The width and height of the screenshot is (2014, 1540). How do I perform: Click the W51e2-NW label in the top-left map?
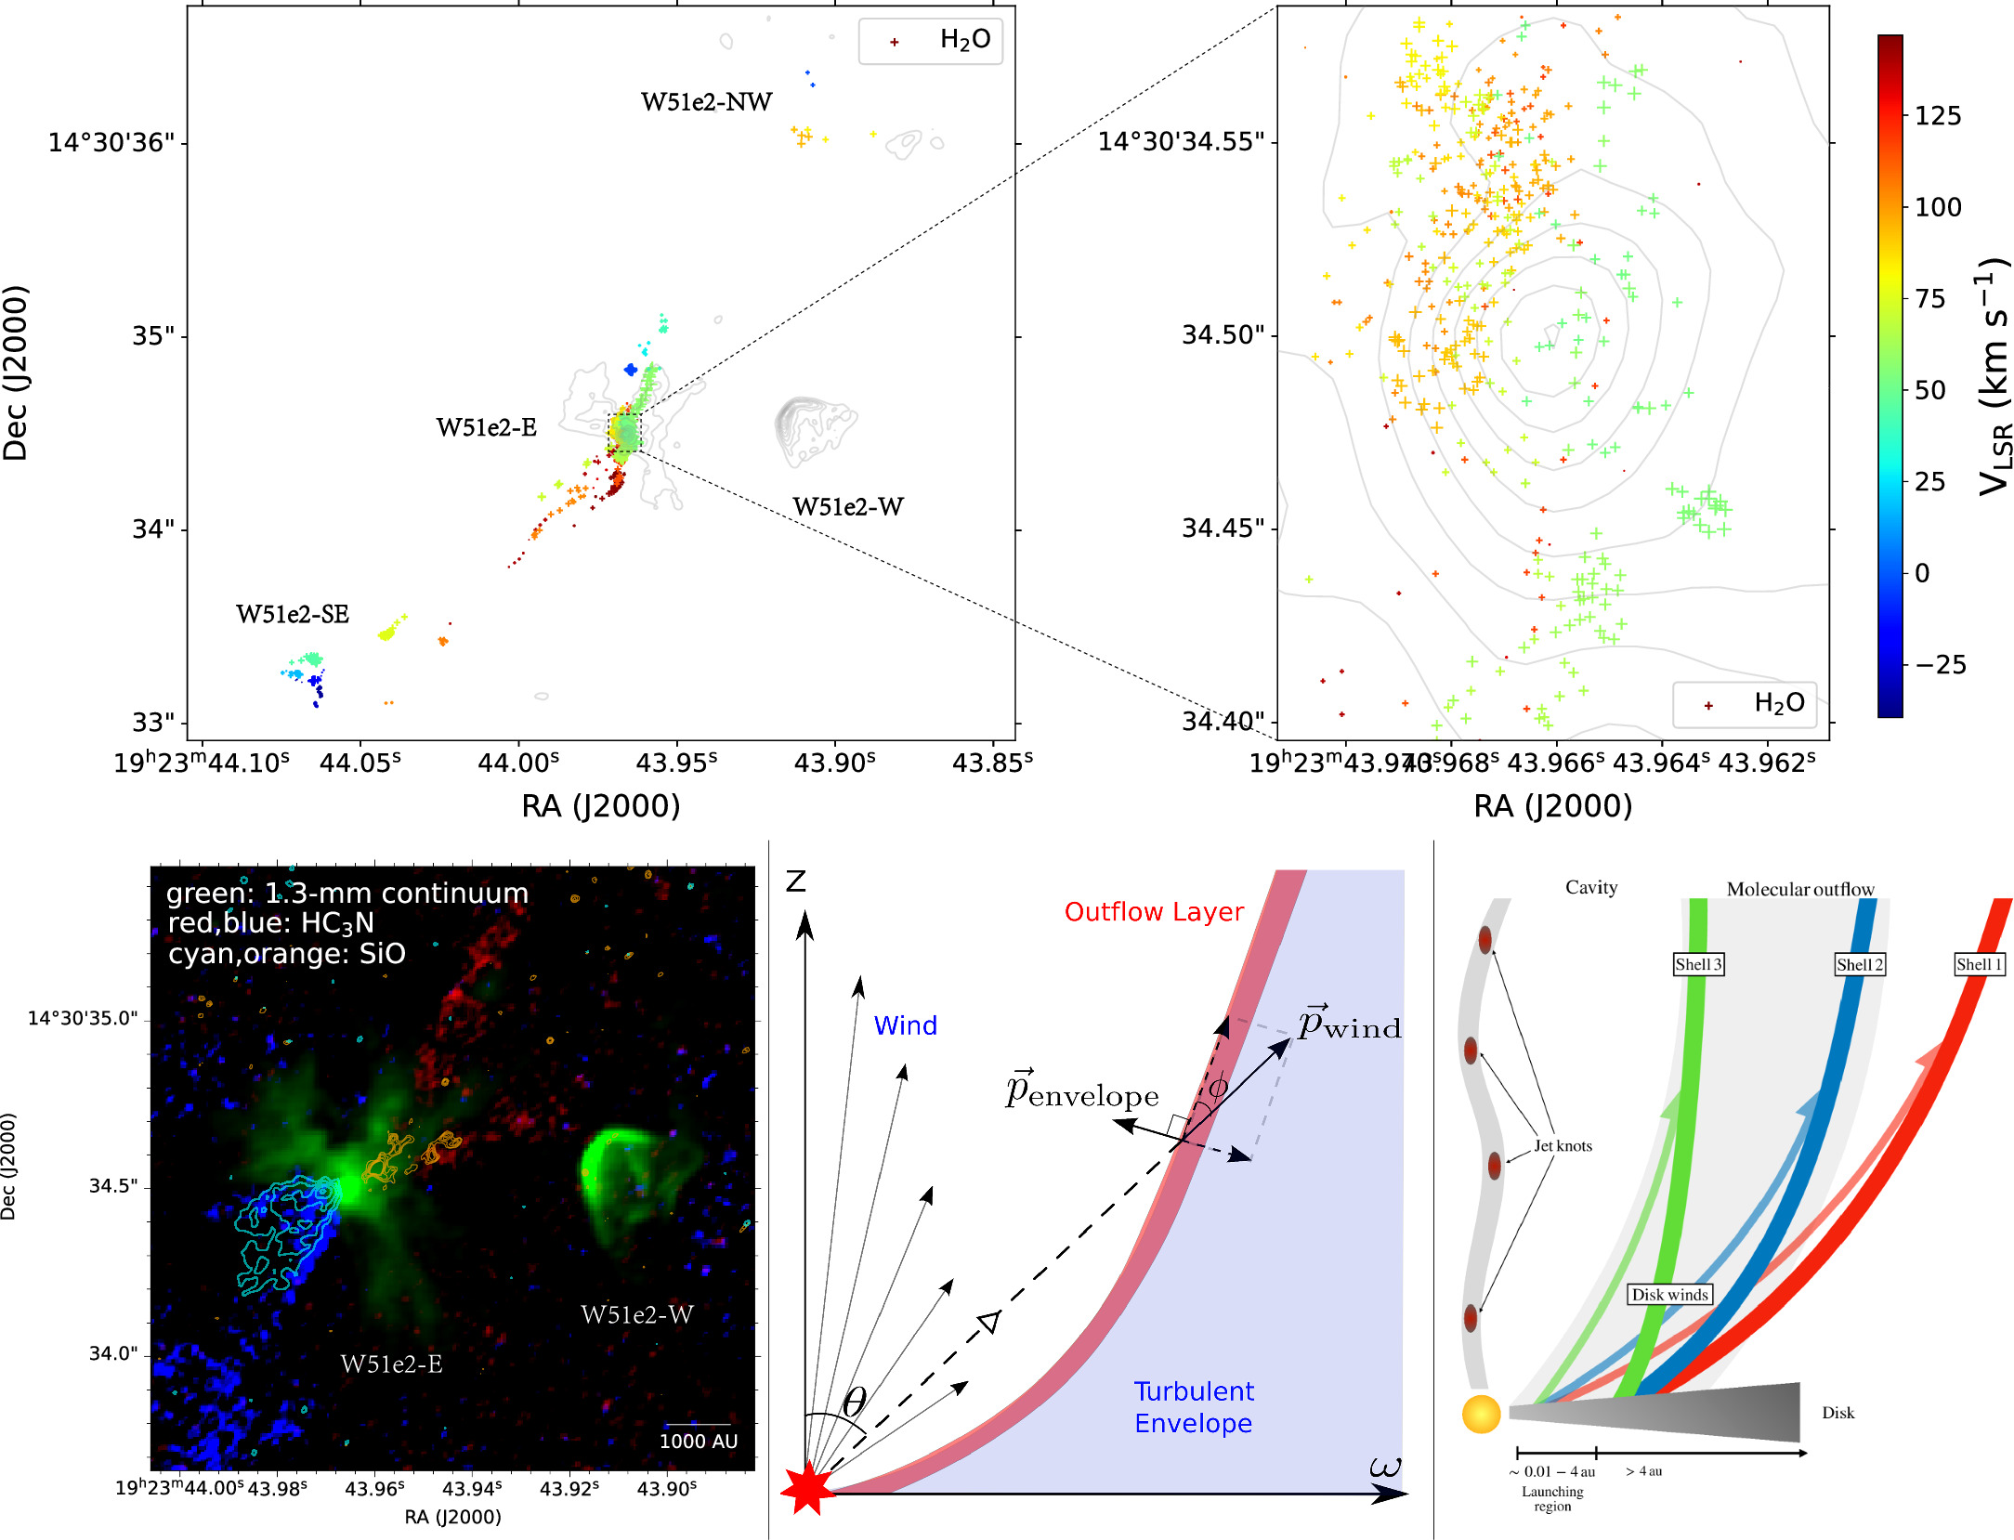[706, 102]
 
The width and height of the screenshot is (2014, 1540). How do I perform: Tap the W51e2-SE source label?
[292, 615]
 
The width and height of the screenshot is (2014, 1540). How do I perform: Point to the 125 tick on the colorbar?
[1937, 116]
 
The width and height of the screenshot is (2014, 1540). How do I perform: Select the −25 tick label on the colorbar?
[1939, 665]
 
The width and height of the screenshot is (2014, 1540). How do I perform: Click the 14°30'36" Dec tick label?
[111, 143]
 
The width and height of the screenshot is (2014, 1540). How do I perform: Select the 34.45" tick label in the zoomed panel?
[1223, 529]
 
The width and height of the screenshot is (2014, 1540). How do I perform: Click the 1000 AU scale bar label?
[698, 1442]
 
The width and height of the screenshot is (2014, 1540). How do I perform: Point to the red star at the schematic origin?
[806, 1488]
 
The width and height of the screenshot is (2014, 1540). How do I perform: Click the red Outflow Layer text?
[1153, 912]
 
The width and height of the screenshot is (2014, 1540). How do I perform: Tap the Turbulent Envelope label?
[1193, 1407]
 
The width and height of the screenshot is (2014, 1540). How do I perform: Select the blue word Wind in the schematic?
[905, 1025]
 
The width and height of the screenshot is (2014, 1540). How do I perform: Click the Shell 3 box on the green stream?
[1698, 964]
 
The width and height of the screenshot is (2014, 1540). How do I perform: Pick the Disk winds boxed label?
[1669, 1295]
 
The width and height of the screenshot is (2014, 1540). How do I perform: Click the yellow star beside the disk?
[1481, 1414]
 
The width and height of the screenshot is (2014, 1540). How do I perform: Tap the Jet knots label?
[1563, 1146]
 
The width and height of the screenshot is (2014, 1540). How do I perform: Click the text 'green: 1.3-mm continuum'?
[347, 894]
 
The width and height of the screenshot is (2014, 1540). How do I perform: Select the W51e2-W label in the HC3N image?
[636, 1315]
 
